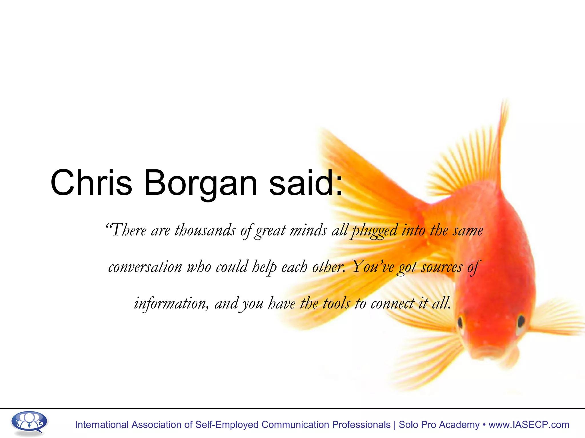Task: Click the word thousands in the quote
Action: coord(205,230)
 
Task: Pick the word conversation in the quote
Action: coord(145,267)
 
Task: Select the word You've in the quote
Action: coord(373,267)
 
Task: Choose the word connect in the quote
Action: coord(392,303)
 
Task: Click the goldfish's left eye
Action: coord(460,322)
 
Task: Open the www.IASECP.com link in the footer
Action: coord(529,425)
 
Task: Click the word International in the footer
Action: coord(102,425)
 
